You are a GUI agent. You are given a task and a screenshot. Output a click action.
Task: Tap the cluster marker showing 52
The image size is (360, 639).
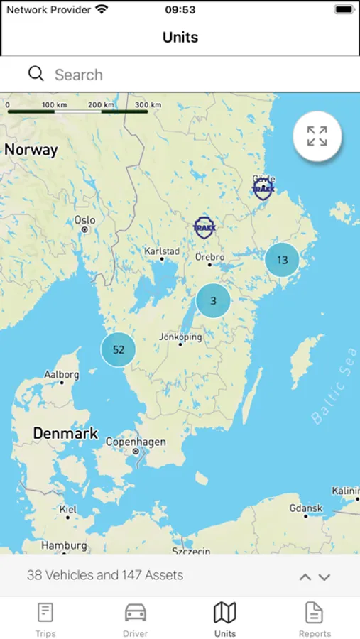118,349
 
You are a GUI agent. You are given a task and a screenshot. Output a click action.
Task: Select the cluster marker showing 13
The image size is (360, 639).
282,260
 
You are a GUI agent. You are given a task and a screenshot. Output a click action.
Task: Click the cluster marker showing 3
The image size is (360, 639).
213,301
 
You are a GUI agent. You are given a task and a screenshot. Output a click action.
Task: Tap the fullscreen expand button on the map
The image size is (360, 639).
317,136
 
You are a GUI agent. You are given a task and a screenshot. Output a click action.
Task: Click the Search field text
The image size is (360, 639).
79,75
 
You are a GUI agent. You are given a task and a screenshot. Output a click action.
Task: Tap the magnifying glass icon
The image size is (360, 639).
36,74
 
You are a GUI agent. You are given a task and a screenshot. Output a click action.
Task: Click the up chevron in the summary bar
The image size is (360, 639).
305,577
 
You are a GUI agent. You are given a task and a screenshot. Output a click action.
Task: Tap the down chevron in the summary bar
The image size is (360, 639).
324,577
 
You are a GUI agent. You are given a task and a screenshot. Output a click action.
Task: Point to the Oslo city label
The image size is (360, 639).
84,220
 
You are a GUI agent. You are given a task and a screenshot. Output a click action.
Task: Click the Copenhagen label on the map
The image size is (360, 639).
136,442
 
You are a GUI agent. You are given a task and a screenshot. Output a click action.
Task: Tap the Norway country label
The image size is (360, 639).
31,150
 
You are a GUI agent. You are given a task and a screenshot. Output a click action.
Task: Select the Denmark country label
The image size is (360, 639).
65,433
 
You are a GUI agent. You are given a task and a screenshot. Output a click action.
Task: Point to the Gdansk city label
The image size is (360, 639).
306,508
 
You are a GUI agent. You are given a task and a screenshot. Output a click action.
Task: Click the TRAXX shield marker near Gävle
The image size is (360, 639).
263,188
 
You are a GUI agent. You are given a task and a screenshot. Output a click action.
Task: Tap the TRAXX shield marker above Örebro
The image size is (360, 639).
204,227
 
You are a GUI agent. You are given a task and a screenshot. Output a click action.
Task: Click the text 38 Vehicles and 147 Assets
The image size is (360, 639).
105,576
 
